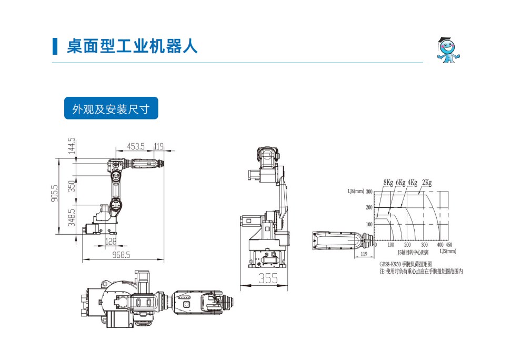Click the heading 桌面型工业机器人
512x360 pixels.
pos(132,46)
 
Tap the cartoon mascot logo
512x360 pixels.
pos(448,50)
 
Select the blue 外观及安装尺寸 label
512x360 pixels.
pos(111,109)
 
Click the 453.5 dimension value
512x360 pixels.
pos(136,146)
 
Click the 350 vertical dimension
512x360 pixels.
pos(73,186)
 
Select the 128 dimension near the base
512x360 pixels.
pos(111,242)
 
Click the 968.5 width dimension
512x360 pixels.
pos(121,255)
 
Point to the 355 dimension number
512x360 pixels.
pos(268,279)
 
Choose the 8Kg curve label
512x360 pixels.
pos(388,183)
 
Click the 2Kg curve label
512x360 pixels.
pos(427,183)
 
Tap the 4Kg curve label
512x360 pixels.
pos(413,183)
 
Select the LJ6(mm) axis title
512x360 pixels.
pos(356,192)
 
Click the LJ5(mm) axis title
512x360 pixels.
pos(448,252)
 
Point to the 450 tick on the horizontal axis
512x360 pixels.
pos(448,245)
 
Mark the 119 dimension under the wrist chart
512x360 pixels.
pos(364,254)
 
